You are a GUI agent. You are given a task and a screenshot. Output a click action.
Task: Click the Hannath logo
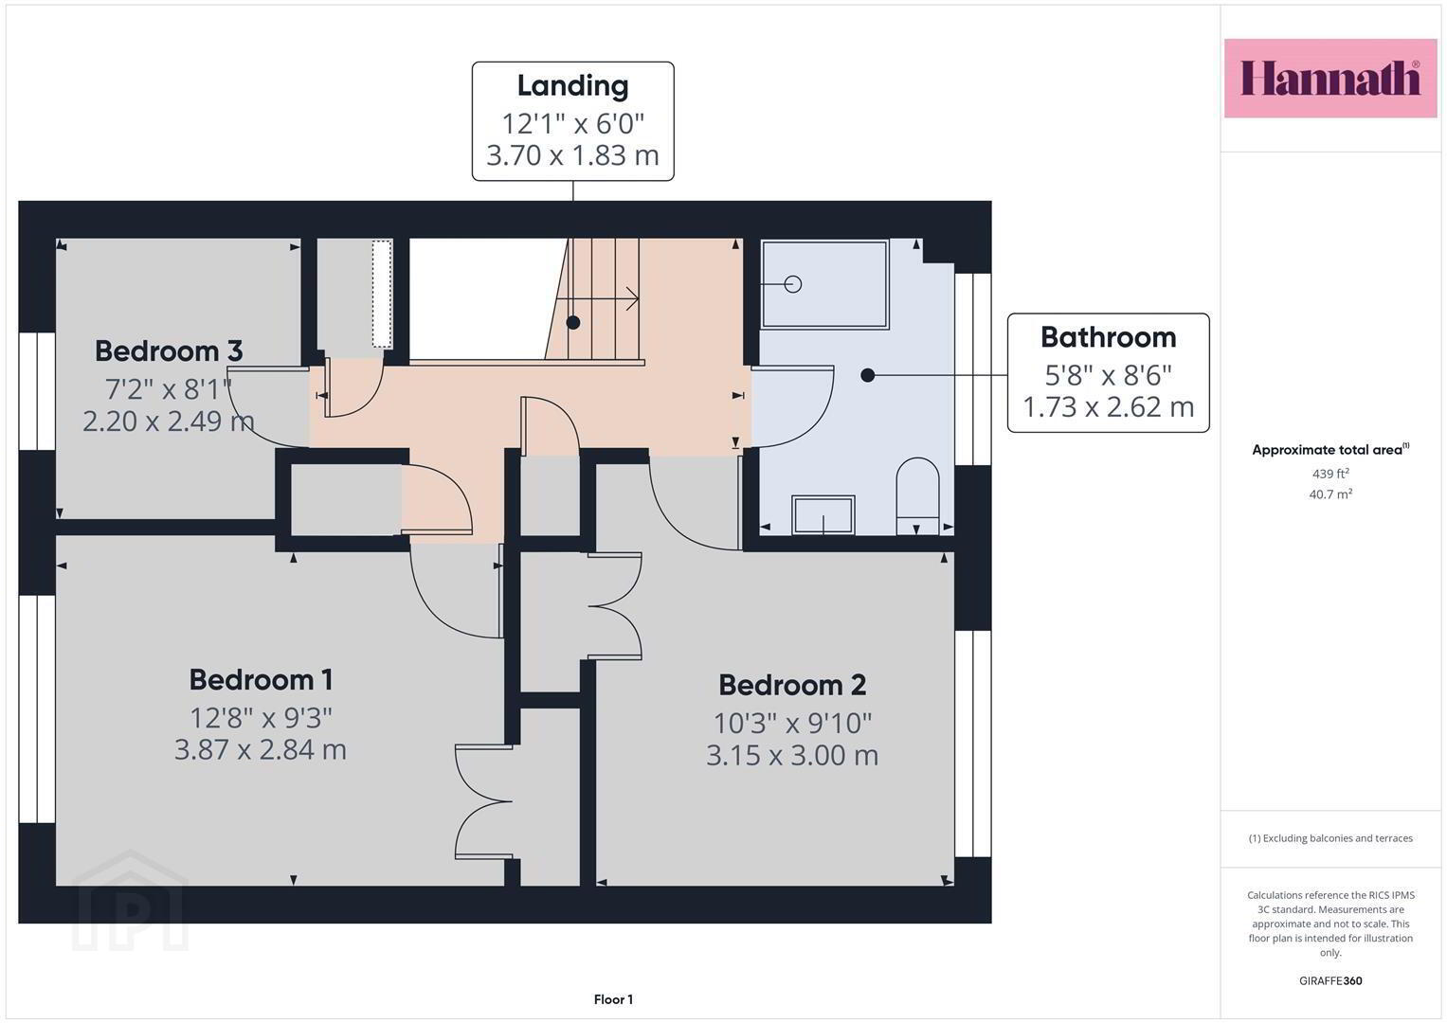click(x=1330, y=78)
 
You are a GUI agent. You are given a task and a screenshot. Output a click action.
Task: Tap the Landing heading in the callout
click(x=573, y=86)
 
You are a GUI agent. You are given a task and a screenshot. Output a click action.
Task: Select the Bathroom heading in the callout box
click(x=1108, y=337)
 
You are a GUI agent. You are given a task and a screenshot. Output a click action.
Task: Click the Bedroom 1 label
click(x=261, y=679)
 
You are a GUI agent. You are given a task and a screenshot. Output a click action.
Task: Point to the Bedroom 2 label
click(x=792, y=685)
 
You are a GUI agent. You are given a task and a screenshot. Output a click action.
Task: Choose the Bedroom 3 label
click(x=169, y=350)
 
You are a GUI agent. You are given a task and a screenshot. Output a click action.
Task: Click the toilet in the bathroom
click(x=917, y=496)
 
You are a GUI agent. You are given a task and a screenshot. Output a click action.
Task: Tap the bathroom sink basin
click(x=823, y=514)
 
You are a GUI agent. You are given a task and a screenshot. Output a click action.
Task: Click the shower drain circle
click(x=792, y=284)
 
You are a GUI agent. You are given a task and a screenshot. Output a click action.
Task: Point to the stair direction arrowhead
click(x=633, y=299)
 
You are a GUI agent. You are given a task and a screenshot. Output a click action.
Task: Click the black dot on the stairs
click(x=573, y=322)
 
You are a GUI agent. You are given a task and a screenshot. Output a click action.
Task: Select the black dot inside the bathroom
click(x=868, y=375)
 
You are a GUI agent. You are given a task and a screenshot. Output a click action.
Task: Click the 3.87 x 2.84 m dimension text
click(x=261, y=749)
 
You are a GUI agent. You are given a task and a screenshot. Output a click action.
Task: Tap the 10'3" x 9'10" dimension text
click(x=792, y=723)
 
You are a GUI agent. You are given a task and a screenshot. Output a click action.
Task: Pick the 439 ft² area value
click(x=1330, y=474)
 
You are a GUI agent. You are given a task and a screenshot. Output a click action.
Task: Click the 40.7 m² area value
click(x=1330, y=494)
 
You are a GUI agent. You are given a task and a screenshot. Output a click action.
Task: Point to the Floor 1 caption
click(x=613, y=999)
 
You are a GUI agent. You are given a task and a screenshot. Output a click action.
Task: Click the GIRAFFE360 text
click(x=1330, y=981)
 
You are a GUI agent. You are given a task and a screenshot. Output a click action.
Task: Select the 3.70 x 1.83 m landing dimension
click(x=572, y=155)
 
